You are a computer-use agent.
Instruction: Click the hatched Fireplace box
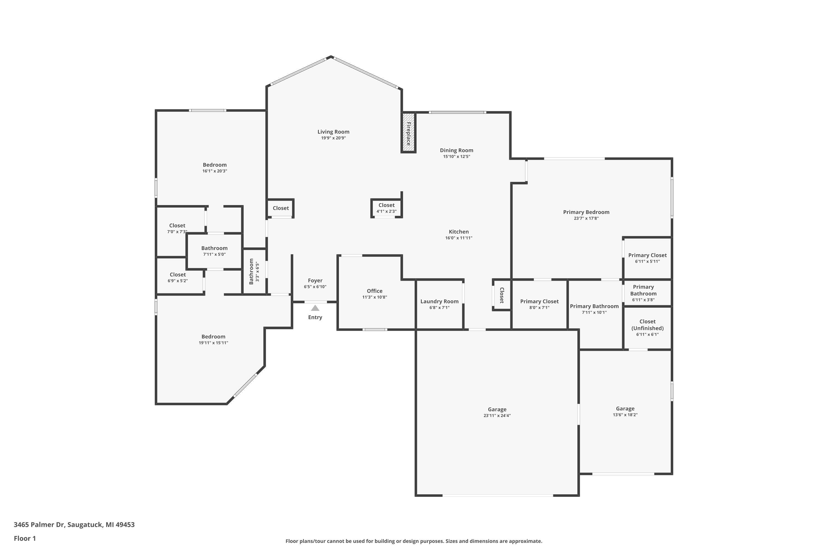[x=408, y=132]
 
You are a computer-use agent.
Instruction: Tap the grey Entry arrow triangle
[x=315, y=308]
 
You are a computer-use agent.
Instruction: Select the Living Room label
[x=333, y=132]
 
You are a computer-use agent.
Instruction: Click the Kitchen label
[x=458, y=232]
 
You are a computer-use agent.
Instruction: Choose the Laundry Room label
[x=439, y=301]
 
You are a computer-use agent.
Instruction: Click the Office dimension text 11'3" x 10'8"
[x=374, y=297]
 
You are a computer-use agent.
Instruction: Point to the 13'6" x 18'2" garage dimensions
[x=625, y=415]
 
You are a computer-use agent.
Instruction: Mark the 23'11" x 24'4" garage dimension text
[x=497, y=415]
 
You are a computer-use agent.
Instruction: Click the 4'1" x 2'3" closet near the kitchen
[x=386, y=208]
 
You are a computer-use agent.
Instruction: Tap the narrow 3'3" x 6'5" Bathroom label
[x=251, y=271]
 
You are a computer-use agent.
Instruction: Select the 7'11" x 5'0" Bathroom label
[x=214, y=248]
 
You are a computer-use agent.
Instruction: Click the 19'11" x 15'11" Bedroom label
[x=213, y=336]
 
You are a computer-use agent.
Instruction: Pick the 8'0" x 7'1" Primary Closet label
[x=539, y=301]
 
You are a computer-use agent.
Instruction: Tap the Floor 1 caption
[x=25, y=538]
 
